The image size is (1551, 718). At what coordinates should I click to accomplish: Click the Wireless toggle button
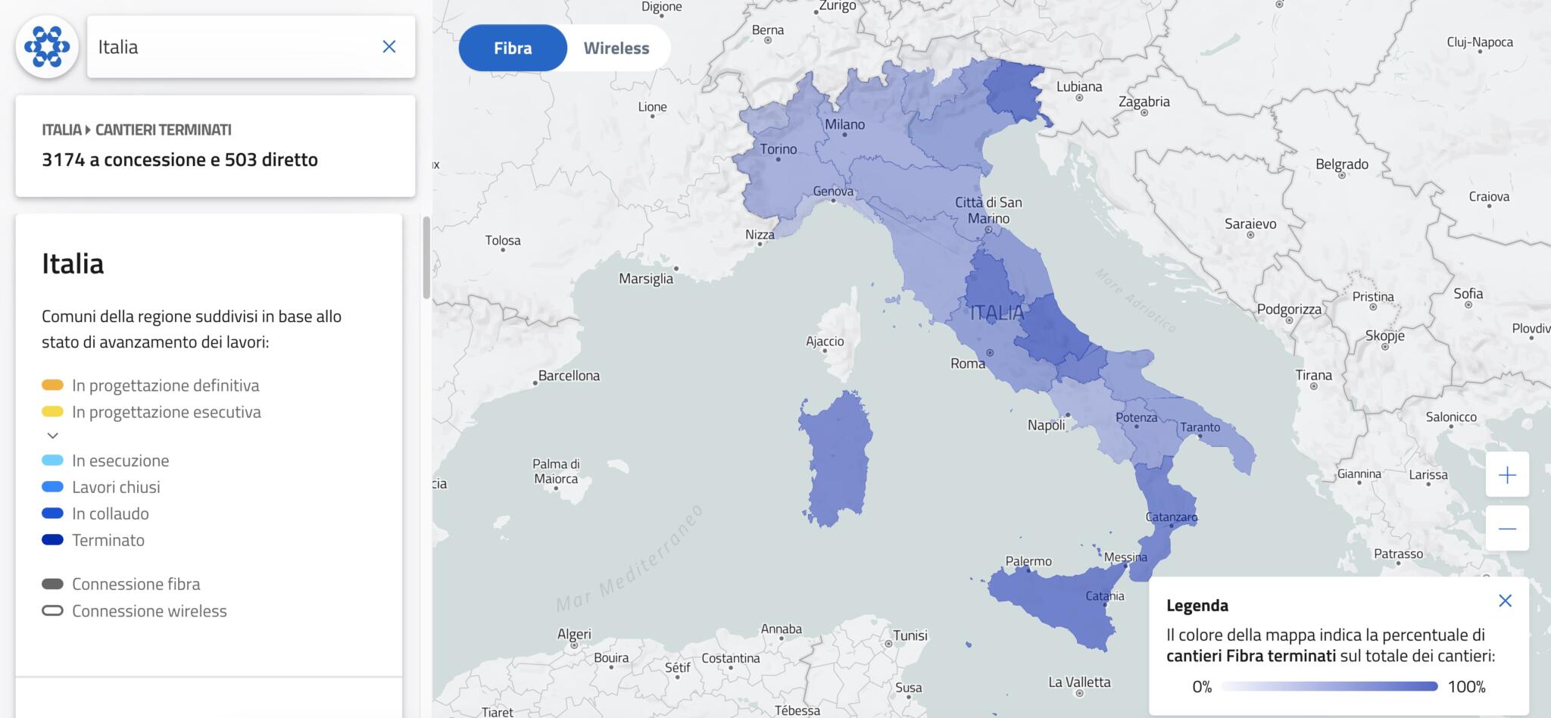tap(616, 48)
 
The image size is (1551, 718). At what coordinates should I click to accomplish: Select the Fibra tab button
tap(513, 48)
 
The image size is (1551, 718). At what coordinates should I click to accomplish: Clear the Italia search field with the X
tap(389, 47)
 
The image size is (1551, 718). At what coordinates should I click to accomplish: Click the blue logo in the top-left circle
tap(47, 47)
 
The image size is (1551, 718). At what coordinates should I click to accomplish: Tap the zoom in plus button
tap(1507, 475)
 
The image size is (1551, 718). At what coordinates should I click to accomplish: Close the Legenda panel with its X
tap(1505, 601)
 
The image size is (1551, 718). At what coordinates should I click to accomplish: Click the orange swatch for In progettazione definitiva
tap(52, 386)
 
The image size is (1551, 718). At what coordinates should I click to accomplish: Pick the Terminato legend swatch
tap(52, 540)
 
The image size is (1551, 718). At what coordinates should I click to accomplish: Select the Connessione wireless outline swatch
tap(52, 610)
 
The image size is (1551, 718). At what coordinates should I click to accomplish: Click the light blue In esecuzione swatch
tap(52, 460)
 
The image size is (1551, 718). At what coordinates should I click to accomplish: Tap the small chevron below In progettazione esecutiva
tap(52, 435)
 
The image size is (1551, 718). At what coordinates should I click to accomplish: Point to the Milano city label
tap(844, 124)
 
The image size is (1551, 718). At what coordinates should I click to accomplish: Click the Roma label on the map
tap(968, 364)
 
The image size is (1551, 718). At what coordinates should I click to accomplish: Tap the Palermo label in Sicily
tap(1028, 561)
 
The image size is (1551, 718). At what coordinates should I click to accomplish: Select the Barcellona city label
tap(568, 376)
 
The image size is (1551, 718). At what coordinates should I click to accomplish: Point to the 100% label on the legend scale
tap(1466, 687)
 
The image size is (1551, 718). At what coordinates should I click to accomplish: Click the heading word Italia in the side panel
tap(73, 264)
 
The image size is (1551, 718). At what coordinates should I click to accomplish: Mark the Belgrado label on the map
tap(1341, 164)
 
